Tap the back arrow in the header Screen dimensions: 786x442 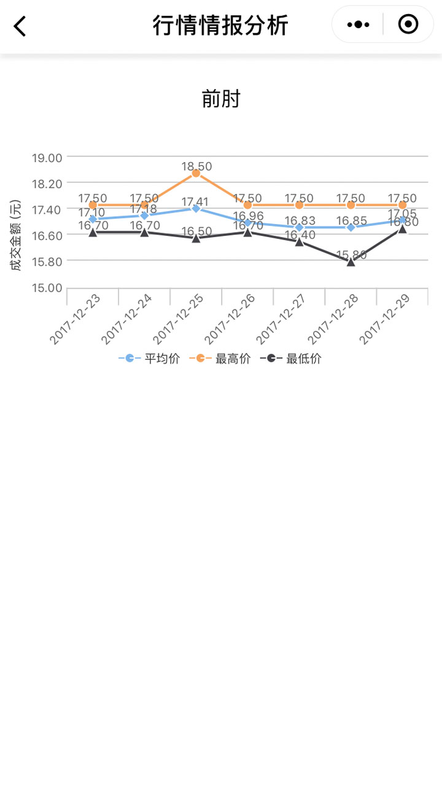pos(20,26)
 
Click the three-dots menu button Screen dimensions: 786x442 pos(358,25)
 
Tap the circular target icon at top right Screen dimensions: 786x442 pos(408,25)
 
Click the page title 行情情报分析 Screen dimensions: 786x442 pos(220,26)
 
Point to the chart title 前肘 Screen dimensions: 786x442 pos(221,99)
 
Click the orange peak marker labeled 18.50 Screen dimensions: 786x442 pos(196,173)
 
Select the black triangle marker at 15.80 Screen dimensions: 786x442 pos(351,262)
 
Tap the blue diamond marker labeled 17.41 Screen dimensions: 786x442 pos(196,208)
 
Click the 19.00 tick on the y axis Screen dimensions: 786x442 pos(47,158)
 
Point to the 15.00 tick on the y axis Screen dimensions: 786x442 pos(47,288)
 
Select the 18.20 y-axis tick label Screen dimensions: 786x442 pos(47,184)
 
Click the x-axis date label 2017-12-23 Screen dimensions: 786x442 pos(76,319)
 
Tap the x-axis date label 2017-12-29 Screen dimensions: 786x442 pos(385,319)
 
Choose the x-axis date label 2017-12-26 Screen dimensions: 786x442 pos(230,319)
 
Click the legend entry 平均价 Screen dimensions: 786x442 pos(150,359)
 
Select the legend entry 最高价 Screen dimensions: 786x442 pos(220,359)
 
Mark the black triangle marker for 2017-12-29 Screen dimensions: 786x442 pos(402,229)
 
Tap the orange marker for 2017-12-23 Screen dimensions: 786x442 pos(93,205)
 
